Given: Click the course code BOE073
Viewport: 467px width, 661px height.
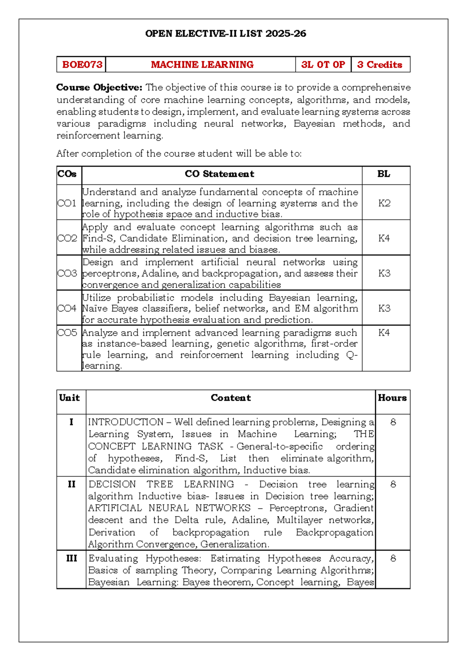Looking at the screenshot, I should coord(82,65).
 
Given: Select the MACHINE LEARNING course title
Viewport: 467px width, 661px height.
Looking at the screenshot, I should coord(202,65).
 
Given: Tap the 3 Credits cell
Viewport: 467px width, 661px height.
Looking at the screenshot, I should coord(379,65).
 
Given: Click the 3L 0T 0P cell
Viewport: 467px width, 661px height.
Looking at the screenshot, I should coord(323,65).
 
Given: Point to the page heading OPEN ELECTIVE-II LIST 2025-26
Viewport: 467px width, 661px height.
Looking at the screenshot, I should coord(225,34).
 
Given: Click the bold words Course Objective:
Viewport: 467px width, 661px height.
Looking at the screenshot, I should coord(99,87).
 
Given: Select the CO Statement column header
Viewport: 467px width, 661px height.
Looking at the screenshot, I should coord(219,174).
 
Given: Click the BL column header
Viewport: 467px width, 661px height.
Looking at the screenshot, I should coord(384,174).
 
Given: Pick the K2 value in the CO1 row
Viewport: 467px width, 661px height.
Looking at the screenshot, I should coord(384,203).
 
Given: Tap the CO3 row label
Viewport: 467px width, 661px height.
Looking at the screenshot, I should coord(67,273).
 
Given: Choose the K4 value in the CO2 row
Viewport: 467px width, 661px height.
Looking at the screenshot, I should coord(384,238).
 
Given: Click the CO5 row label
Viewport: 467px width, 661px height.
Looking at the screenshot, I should coord(67,333).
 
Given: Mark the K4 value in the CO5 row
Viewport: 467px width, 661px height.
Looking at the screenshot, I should coord(384,333).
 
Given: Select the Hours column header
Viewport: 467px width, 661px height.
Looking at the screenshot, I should coord(392,398).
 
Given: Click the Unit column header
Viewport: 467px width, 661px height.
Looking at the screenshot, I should coord(69,398).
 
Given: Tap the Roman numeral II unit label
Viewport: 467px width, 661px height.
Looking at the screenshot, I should coord(72,484).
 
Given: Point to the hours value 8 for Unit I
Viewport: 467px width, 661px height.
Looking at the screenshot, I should coord(393,422).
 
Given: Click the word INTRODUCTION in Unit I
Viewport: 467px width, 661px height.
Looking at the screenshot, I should coord(126,422).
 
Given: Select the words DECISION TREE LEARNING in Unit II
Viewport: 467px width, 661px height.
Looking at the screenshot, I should coord(161,484).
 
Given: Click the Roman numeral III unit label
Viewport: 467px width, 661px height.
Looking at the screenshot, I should coord(72,558).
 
